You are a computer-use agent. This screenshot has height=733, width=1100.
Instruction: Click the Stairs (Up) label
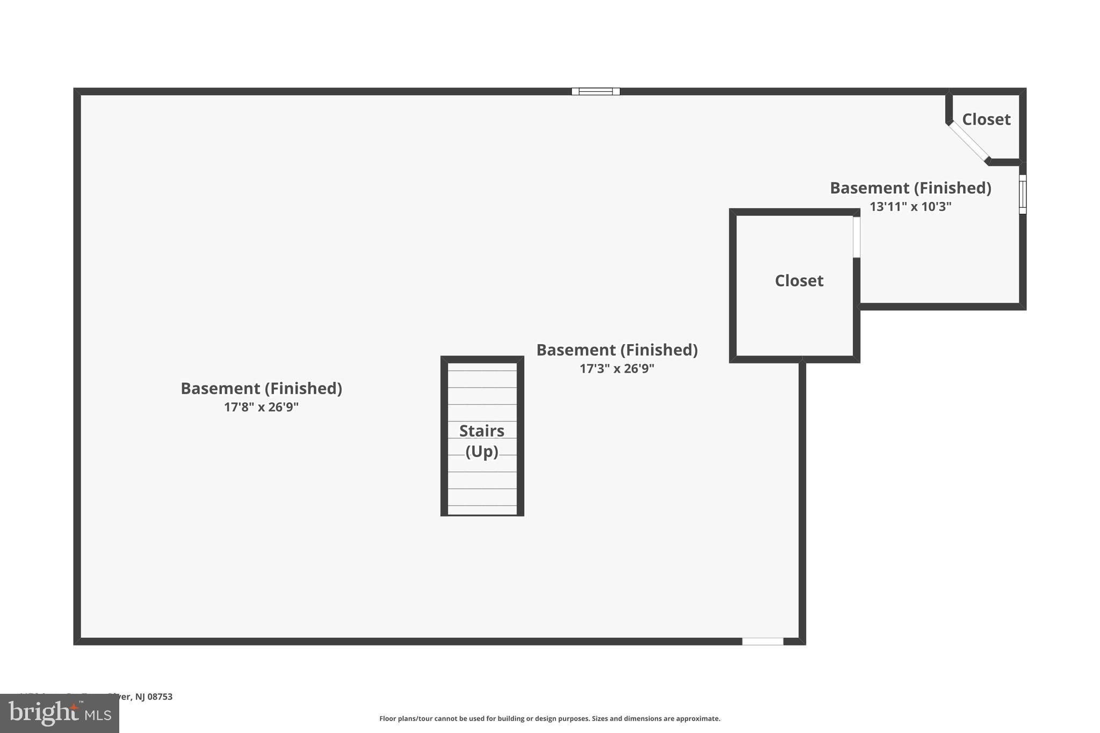point(482,441)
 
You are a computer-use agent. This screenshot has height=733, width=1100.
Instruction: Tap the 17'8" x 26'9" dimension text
point(261,407)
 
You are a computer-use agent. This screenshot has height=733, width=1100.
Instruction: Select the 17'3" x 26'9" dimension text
point(617,368)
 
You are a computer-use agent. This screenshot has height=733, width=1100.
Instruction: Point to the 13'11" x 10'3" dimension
point(910,207)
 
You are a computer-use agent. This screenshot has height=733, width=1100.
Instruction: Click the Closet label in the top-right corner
point(986,119)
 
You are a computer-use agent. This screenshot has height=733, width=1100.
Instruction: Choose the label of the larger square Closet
point(799,280)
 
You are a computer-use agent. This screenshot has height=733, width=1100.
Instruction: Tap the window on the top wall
point(596,91)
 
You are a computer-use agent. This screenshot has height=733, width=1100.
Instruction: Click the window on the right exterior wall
point(1022,194)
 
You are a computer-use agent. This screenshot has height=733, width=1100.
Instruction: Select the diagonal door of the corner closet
point(969,141)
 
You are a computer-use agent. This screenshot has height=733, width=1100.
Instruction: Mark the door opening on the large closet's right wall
point(856,237)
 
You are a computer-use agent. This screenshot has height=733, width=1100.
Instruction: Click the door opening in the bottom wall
point(763,641)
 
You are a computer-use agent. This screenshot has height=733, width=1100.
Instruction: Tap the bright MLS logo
point(60,713)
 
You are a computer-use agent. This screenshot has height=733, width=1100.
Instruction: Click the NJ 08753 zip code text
point(154,696)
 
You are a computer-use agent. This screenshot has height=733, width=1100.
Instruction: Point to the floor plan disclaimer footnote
point(549,719)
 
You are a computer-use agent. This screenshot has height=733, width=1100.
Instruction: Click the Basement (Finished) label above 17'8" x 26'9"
point(261,388)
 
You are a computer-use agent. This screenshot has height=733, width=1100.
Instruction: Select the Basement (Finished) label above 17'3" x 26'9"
point(617,350)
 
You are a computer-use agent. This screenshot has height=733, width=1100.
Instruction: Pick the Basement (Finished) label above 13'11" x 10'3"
point(910,188)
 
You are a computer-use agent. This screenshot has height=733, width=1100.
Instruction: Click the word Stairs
point(482,431)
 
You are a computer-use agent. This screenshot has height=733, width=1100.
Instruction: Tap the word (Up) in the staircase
point(482,451)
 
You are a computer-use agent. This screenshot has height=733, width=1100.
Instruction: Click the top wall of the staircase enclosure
point(482,359)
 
